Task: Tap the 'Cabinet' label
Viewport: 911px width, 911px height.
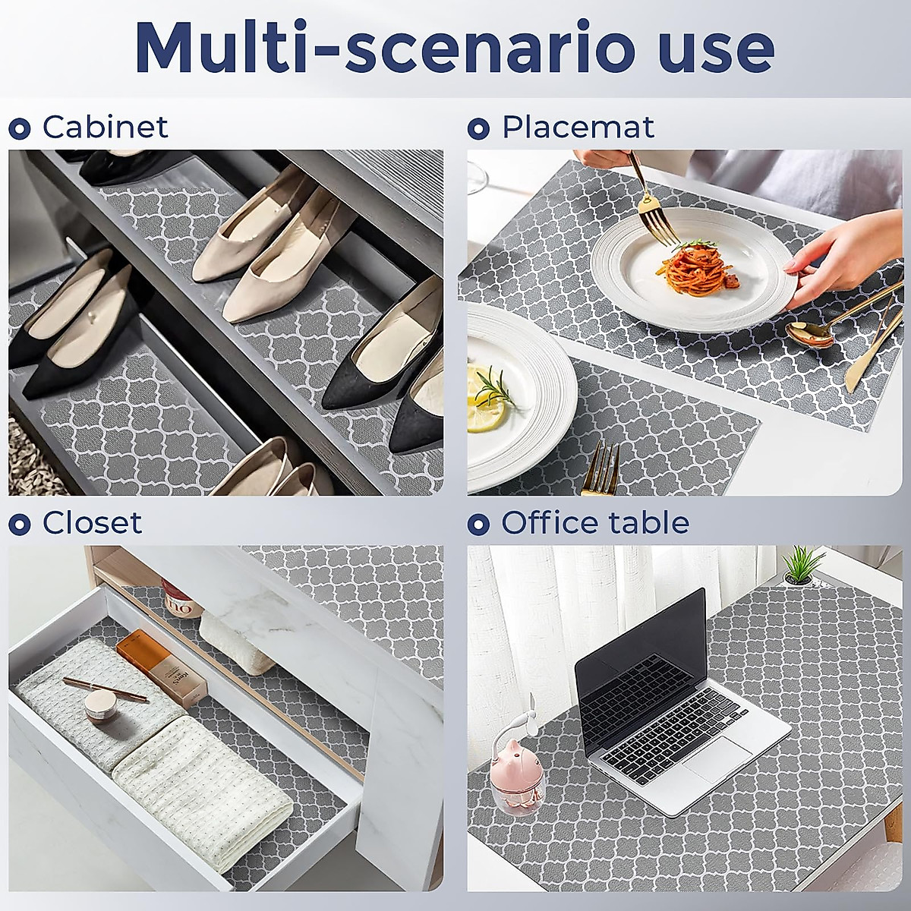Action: pos(105,127)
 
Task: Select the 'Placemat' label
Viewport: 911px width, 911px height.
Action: pos(578,127)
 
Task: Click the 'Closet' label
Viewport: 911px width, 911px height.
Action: pos(92,523)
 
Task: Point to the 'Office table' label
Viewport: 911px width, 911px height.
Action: pos(594,523)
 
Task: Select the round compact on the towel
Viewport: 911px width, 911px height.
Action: pos(99,707)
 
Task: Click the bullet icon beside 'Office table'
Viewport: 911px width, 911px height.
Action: pos(478,524)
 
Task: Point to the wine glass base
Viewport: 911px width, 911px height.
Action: pos(477,182)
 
